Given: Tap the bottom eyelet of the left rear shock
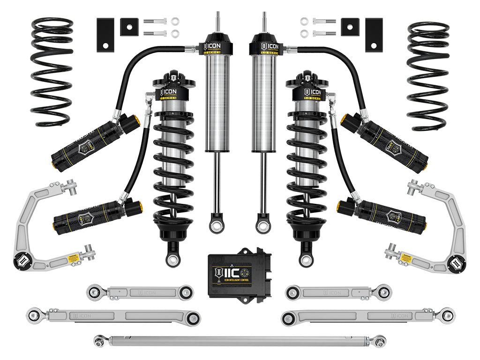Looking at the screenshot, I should pos(217,226).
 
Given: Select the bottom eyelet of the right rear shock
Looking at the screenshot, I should pos(263,226).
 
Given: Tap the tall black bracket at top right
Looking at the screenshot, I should pos(374,35).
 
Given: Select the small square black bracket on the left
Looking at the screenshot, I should pos(127,27).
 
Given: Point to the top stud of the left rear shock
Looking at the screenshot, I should pos(217,21).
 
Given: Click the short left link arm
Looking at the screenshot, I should pos(140,292).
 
